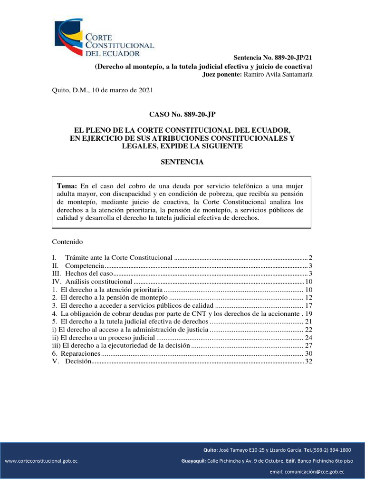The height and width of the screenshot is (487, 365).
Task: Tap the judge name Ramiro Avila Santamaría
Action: click(278, 75)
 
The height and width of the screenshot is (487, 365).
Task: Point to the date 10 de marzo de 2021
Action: click(119, 90)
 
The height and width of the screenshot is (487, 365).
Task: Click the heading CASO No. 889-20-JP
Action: click(182, 114)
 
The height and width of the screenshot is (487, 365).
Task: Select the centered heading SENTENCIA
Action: click(182, 162)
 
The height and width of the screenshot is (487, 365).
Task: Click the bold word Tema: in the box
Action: click(67, 185)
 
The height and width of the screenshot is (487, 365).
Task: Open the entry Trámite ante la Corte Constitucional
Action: click(118, 257)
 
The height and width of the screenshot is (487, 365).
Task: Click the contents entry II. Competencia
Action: click(84, 265)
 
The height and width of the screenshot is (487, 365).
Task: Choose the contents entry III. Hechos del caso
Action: click(89, 274)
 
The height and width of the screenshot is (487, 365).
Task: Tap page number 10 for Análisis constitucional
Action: click(308, 282)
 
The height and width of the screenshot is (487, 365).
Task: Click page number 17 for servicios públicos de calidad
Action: click(308, 305)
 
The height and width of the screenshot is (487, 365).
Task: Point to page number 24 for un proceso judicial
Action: click(308, 338)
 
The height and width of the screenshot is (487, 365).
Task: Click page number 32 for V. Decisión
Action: click(308, 362)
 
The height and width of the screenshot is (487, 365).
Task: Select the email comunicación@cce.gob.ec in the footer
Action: click(307, 472)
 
